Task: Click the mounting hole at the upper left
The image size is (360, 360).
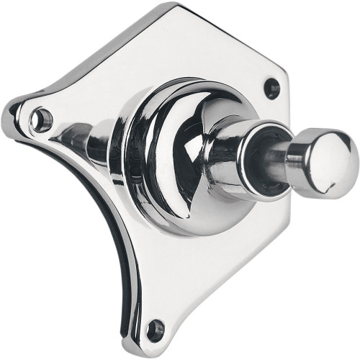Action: coord(42,117)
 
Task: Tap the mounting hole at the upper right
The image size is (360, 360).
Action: coord(271,89)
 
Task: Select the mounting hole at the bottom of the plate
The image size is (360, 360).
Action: coord(154,330)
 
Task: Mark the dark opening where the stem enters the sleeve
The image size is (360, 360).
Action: coord(268,153)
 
